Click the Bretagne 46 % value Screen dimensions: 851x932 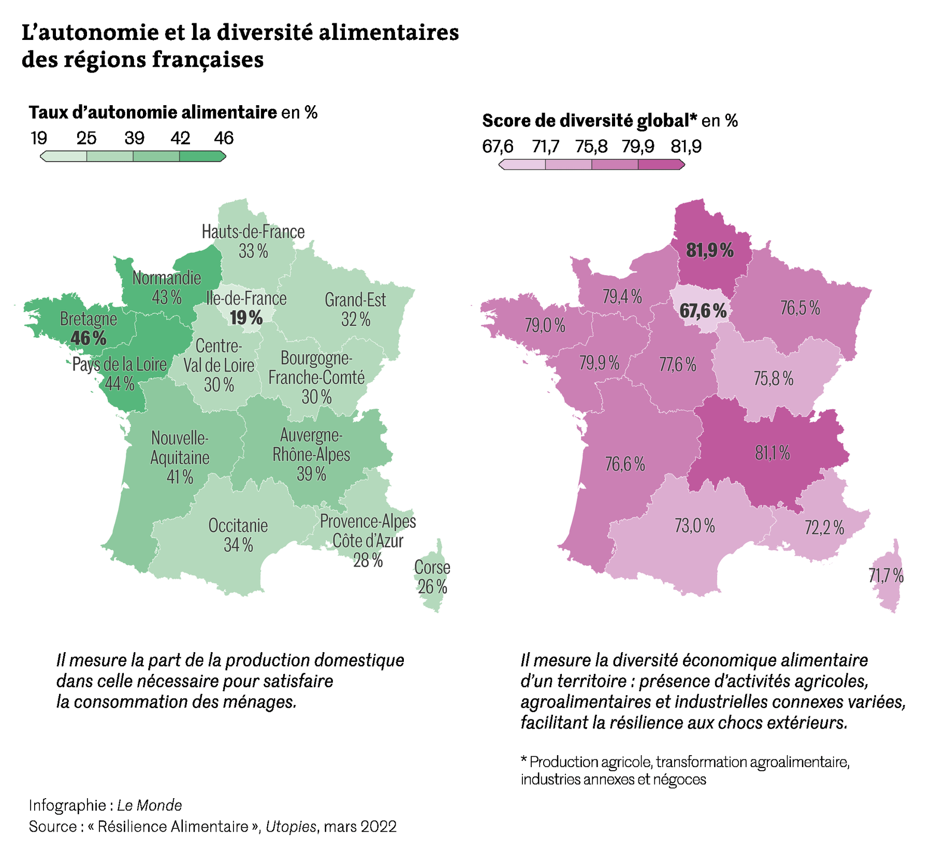(x=89, y=338)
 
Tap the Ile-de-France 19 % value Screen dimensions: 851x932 (x=246, y=318)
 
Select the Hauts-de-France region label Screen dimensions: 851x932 (x=253, y=232)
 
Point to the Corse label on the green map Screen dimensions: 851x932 (x=432, y=567)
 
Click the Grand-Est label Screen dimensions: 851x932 (x=355, y=299)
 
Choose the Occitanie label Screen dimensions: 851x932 (x=238, y=526)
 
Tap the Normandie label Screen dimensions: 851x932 (x=167, y=278)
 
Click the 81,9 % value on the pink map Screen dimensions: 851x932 (x=710, y=251)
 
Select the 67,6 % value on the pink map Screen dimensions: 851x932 (x=703, y=311)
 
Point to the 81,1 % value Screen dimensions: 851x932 (x=773, y=453)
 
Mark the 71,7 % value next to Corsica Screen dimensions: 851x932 (x=886, y=575)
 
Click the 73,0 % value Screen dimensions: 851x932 (x=694, y=526)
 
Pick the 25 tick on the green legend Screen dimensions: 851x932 (x=86, y=138)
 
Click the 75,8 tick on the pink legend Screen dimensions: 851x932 (x=591, y=147)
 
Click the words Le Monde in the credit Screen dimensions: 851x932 (x=149, y=805)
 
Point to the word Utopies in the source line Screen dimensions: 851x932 (x=290, y=826)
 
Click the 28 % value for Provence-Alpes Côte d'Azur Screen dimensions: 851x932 (x=368, y=560)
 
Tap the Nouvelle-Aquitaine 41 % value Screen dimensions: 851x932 (x=180, y=477)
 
